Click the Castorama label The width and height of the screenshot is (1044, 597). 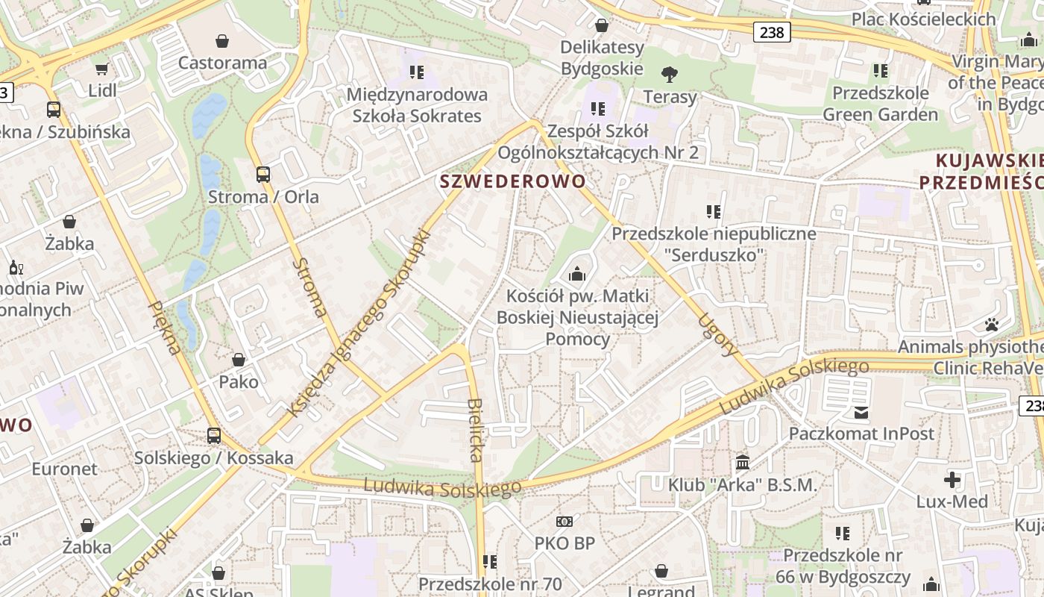222,63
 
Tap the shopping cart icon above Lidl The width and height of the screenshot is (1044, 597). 101,69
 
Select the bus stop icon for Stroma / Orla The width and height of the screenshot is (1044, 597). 262,175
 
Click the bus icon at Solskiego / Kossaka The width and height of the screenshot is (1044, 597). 214,435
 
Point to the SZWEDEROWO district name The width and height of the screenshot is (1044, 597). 513,181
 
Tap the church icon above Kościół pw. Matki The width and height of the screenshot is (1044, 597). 576,275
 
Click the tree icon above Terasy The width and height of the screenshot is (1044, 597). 670,74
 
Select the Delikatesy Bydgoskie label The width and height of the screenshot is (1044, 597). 602,58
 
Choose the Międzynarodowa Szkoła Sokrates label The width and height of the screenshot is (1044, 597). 417,105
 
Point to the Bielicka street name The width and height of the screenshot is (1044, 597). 476,429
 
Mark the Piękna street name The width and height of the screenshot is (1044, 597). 166,328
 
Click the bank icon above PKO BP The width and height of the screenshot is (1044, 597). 565,521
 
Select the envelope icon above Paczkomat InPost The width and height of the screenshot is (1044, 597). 861,412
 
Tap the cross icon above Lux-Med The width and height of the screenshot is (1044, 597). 952,479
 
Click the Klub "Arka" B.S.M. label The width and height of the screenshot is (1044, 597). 742,485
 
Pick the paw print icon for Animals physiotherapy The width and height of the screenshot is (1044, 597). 991,325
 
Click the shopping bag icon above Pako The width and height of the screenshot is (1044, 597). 239,360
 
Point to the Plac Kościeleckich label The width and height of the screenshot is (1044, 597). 923,19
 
